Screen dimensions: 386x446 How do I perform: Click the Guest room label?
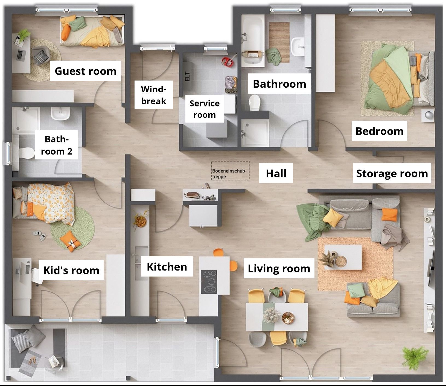pos(86,71)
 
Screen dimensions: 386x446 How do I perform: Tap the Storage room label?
pos(392,173)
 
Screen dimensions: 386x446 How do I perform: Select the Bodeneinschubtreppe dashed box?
pos(230,171)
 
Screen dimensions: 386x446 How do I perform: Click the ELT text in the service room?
pos(187,76)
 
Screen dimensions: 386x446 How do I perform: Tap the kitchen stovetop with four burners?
pos(209,281)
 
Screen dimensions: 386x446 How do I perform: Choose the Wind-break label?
pos(154,95)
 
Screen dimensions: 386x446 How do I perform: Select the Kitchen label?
pos(167,267)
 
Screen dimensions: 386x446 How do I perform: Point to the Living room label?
pos(279,269)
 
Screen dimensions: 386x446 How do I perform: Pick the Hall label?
pos(276,173)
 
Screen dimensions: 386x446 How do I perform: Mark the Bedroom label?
pos(379,131)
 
